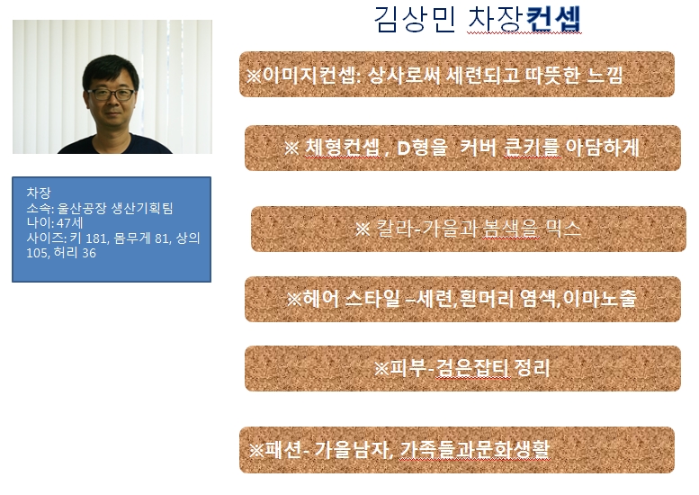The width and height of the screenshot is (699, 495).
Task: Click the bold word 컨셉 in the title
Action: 553,20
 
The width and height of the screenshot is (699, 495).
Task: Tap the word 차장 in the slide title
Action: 496,20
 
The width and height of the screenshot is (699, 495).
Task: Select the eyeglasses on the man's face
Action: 111,94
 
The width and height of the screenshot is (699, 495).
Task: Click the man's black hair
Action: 111,71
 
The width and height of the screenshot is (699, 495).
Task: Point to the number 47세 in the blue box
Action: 69,223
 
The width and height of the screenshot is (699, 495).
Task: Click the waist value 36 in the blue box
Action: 89,253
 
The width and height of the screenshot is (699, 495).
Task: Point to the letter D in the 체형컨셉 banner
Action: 403,148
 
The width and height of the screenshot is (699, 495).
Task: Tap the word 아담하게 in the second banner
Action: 602,148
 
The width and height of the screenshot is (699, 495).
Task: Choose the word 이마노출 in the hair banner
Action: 599,298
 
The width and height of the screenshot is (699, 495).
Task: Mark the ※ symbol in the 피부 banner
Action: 381,368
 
